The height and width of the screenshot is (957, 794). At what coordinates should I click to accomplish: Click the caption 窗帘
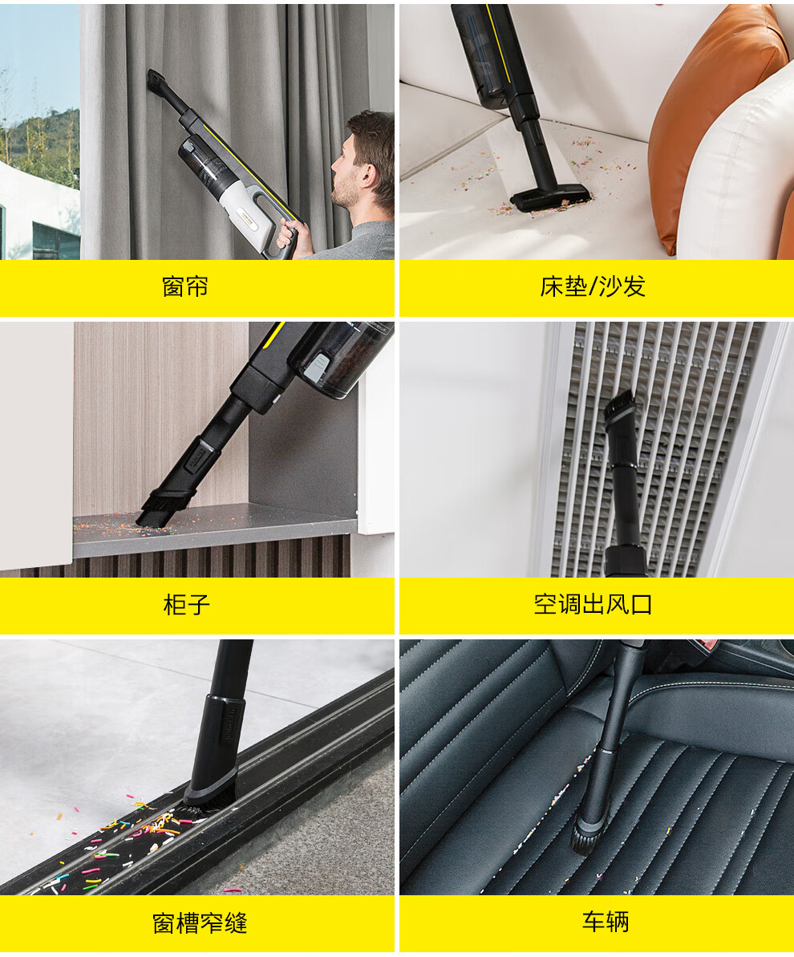[x=185, y=286]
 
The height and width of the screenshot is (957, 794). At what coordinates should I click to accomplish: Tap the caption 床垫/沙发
[x=593, y=286]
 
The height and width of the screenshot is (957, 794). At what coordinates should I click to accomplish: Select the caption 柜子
[x=187, y=605]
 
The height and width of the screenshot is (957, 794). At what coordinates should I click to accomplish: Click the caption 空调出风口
[x=593, y=604]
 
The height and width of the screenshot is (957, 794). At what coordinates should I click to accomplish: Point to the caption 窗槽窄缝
[x=200, y=923]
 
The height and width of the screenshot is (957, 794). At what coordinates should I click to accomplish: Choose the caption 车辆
[x=606, y=922]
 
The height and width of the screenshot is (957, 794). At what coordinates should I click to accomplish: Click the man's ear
[x=367, y=176]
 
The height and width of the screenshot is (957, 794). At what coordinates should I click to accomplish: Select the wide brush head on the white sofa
[x=550, y=197]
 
